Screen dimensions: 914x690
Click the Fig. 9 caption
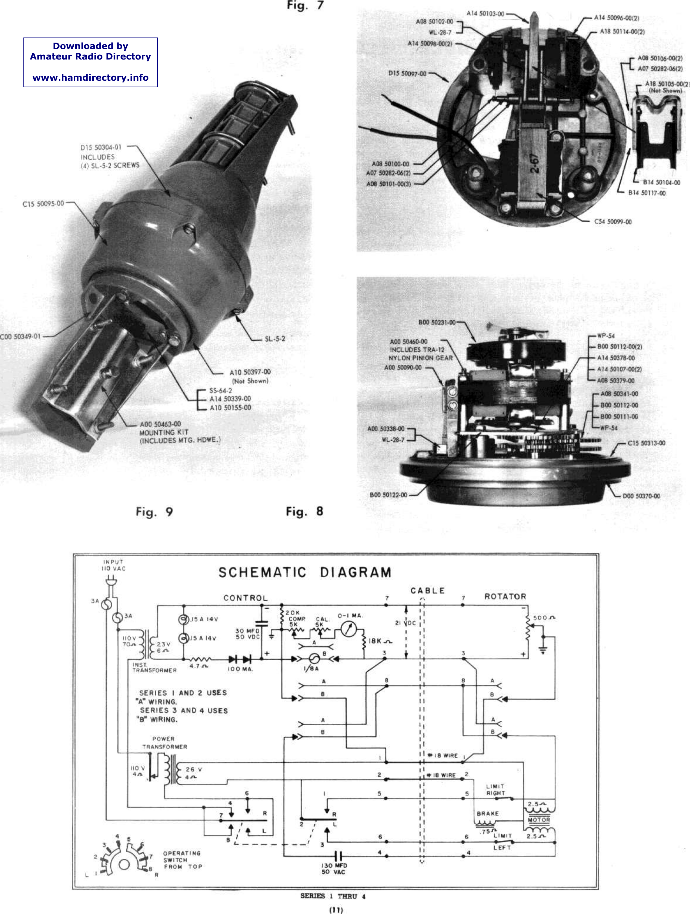coord(154,512)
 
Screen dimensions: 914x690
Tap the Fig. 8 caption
coord(304,512)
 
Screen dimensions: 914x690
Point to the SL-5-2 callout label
coord(275,339)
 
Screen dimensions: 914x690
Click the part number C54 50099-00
coord(613,222)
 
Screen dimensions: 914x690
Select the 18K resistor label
coord(380,641)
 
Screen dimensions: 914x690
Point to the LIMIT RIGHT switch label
coord(495,790)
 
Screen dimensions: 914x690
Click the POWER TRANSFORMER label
coord(164,743)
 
